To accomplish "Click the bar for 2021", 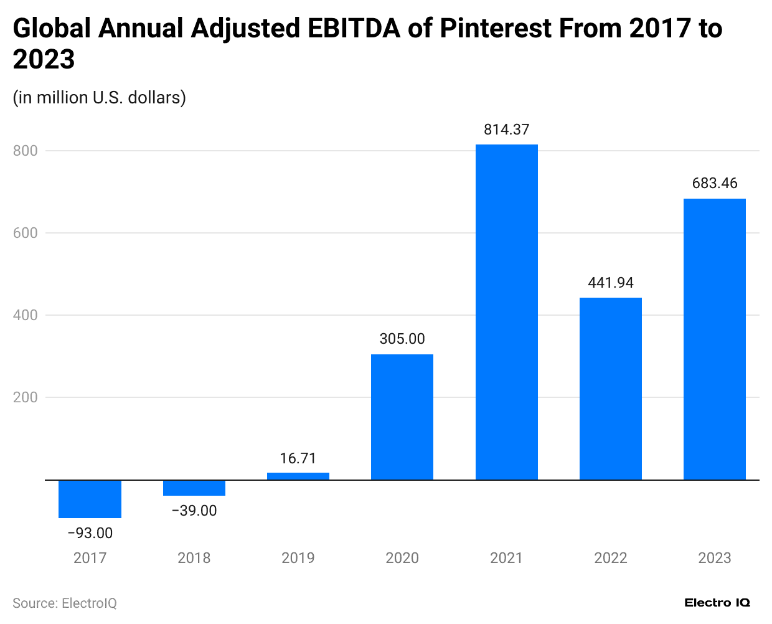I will click(x=506, y=312).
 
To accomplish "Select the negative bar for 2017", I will click(x=90, y=499).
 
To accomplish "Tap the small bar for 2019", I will click(x=298, y=476).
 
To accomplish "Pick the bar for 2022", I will click(x=610, y=389).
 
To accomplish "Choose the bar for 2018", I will click(x=194, y=488).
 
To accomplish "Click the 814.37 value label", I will click(x=506, y=130).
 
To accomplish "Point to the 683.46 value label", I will click(x=714, y=183).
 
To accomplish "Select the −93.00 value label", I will click(x=90, y=533).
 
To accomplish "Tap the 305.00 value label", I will click(x=402, y=339).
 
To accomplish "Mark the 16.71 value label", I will click(x=298, y=458).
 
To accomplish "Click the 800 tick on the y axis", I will click(x=26, y=151).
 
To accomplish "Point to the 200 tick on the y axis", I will click(x=26, y=397).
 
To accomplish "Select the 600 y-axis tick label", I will click(x=26, y=233).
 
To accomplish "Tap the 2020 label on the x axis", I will click(x=402, y=558).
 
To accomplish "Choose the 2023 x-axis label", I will click(x=714, y=558).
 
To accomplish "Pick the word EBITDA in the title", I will click(x=354, y=29).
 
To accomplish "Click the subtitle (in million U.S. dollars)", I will click(x=100, y=98).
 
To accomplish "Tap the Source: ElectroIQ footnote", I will click(x=65, y=603).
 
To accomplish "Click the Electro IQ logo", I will click(x=717, y=603).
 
